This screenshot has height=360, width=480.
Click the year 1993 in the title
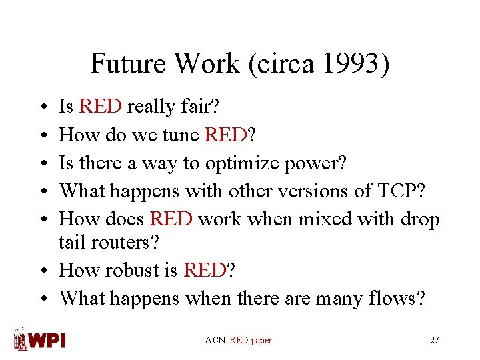[x=352, y=64]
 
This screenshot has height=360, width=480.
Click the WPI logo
[x=40, y=339]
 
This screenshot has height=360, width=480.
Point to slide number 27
[x=435, y=340]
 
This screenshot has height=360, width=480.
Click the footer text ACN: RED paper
[x=239, y=340]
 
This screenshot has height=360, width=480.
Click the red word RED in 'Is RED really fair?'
[x=100, y=107]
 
